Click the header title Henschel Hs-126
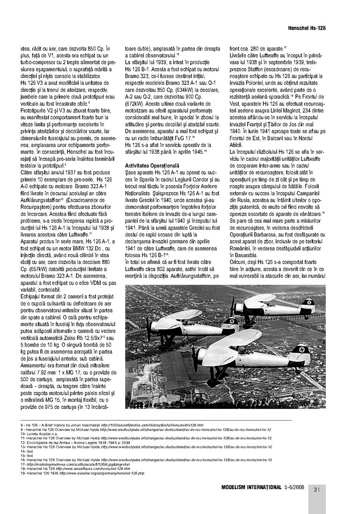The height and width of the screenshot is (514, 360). (307, 28)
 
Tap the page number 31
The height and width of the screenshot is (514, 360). (317, 490)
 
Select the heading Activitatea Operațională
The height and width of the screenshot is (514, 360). (152, 166)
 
